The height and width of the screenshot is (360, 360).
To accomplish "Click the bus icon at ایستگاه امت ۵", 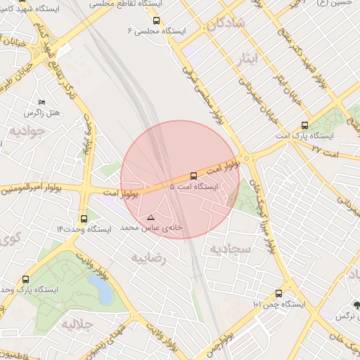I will pyautogui.click(x=193, y=176).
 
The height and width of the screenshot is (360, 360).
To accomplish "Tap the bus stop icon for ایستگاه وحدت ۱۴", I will pyautogui.click(x=84, y=219).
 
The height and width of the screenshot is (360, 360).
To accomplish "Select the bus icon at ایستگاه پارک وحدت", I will pyautogui.click(x=27, y=279).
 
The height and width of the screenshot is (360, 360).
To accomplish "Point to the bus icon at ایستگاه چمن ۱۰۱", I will pyautogui.click(x=279, y=293).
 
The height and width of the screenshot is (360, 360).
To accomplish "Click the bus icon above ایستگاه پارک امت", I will pyautogui.click(x=304, y=125).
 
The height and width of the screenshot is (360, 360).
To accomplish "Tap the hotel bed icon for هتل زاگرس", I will pyautogui.click(x=41, y=103).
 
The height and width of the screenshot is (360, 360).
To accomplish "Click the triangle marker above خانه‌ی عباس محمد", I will pyautogui.click(x=150, y=218).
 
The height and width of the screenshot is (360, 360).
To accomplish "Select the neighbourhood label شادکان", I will pyautogui.click(x=226, y=23).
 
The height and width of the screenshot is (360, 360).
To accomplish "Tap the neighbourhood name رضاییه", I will pyautogui.click(x=148, y=258).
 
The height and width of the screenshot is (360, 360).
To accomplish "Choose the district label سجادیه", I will pyautogui.click(x=226, y=249).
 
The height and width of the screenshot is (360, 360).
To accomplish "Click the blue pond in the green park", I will pyautogui.click(x=100, y=289).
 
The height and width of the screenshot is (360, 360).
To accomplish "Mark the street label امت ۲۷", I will pyautogui.click(x=324, y=149).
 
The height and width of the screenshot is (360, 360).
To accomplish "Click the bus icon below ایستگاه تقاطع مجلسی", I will pyautogui.click(x=155, y=21).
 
